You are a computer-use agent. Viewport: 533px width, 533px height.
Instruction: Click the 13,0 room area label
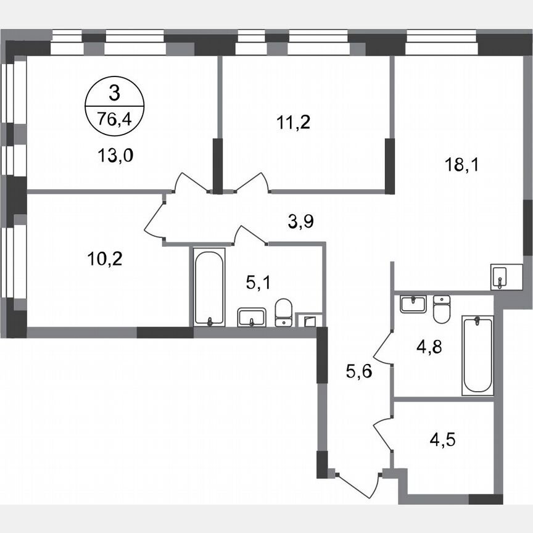(115, 155)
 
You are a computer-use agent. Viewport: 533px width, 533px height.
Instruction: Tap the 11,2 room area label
(293, 122)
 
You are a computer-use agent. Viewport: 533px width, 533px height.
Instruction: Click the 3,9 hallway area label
(302, 221)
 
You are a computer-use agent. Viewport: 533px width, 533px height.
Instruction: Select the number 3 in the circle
(114, 94)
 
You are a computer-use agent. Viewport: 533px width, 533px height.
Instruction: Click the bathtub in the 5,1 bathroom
(209, 287)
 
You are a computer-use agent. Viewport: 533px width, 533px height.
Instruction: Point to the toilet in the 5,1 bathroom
(283, 312)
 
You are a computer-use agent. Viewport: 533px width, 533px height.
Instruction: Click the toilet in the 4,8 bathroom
(442, 308)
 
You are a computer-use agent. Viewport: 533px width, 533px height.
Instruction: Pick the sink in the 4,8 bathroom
(412, 304)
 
